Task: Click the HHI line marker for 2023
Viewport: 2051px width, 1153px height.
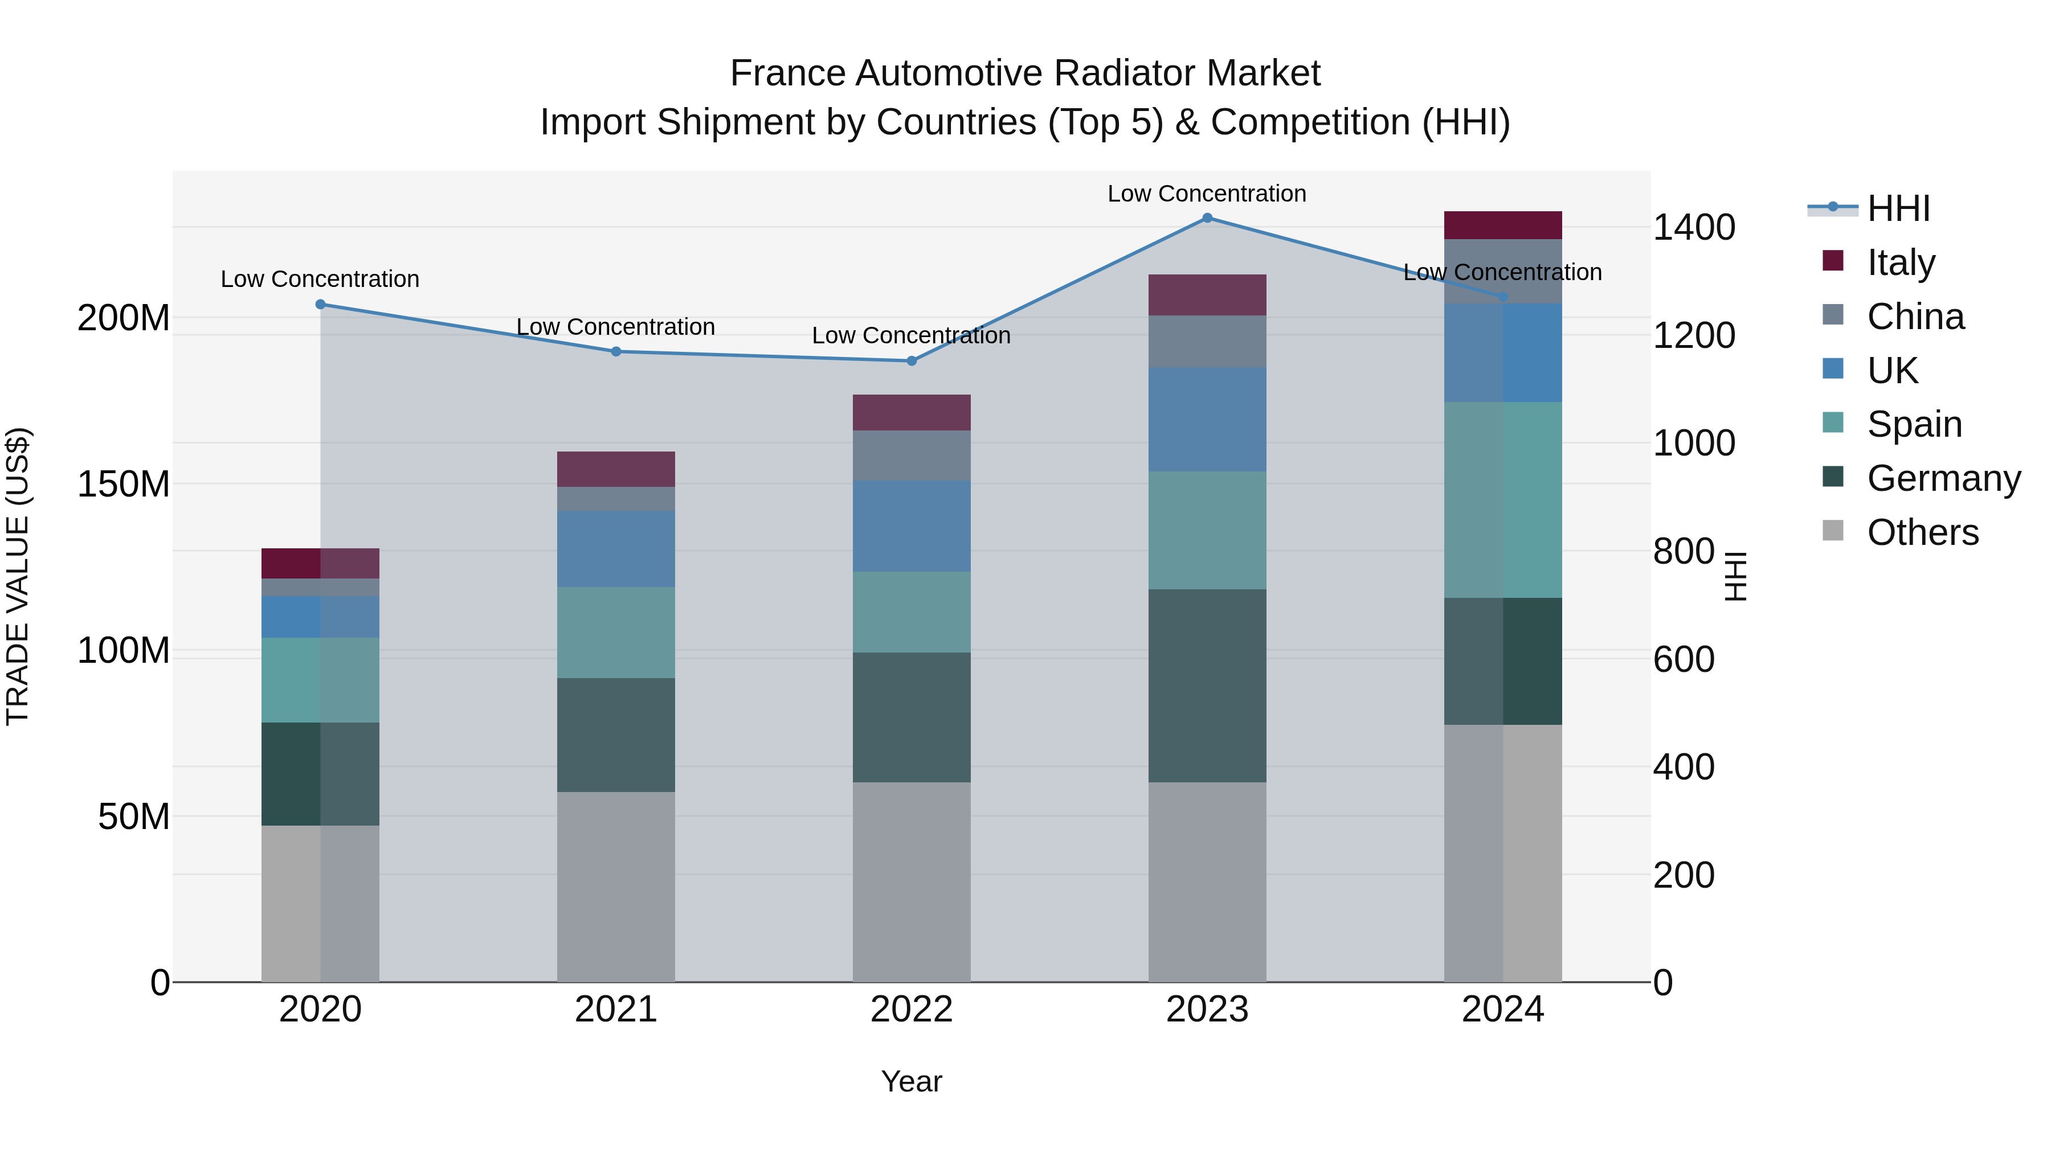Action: tap(1207, 218)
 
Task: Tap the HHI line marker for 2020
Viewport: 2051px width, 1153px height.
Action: tap(321, 304)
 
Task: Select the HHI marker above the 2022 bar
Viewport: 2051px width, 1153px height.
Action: tap(912, 361)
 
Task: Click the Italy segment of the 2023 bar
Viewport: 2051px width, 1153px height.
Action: tap(1207, 295)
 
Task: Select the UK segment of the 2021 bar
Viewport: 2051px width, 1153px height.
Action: tap(615, 549)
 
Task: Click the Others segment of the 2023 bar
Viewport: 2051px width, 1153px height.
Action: tap(1207, 881)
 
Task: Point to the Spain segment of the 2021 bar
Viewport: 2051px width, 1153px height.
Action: tap(615, 633)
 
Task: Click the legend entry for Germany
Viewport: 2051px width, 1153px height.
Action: tap(1943, 478)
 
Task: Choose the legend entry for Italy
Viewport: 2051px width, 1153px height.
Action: tap(1901, 262)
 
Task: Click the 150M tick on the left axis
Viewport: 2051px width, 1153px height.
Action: tap(124, 485)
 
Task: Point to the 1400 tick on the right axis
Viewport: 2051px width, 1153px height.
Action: tap(1694, 228)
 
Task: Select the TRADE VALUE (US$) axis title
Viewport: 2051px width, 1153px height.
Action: tap(18, 576)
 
